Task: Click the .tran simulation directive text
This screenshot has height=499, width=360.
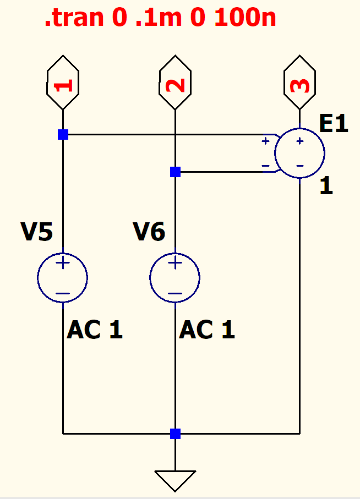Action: tap(160, 18)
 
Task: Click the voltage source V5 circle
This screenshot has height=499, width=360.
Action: tap(63, 278)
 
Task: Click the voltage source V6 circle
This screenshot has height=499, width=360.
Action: tap(175, 278)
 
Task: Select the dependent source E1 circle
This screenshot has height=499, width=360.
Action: tap(299, 153)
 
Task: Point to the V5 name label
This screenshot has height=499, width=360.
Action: tap(37, 233)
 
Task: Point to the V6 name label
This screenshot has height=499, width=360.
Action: tap(149, 233)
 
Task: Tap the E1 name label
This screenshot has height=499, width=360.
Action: tap(334, 124)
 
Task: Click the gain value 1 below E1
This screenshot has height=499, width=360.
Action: tap(326, 187)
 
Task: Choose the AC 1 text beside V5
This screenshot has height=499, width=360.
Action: tap(95, 330)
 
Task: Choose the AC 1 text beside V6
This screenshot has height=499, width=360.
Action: tap(207, 330)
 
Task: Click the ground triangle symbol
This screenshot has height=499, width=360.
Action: tap(175, 480)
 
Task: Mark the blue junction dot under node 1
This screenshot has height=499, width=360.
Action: tap(63, 134)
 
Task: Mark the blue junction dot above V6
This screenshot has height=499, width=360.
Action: tap(175, 172)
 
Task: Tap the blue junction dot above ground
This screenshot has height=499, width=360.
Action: tap(175, 434)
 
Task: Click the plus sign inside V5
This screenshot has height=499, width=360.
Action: tap(63, 264)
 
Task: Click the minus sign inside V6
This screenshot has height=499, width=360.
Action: tap(175, 293)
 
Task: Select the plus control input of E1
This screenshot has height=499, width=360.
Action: tap(265, 141)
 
